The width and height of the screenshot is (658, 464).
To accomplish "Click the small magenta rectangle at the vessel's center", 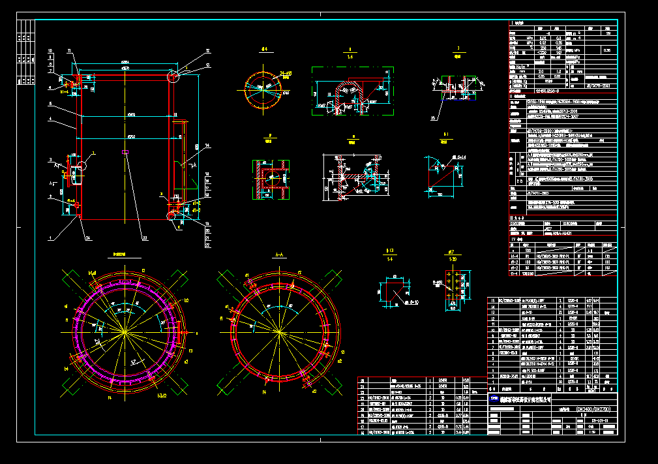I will coord(125,153).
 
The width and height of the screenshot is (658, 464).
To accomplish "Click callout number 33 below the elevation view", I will coord(145,238).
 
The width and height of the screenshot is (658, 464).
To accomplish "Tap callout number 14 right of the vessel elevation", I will coord(207,145).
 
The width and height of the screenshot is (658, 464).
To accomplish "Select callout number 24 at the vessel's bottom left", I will coord(88,238).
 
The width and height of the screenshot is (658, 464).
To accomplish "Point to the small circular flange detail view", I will coord(265,88).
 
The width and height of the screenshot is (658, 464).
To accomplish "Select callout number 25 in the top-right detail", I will coord(432,118).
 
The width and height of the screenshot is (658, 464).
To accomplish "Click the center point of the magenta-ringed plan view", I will coord(124,332).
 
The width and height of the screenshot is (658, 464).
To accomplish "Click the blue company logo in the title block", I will coord(494,397).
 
